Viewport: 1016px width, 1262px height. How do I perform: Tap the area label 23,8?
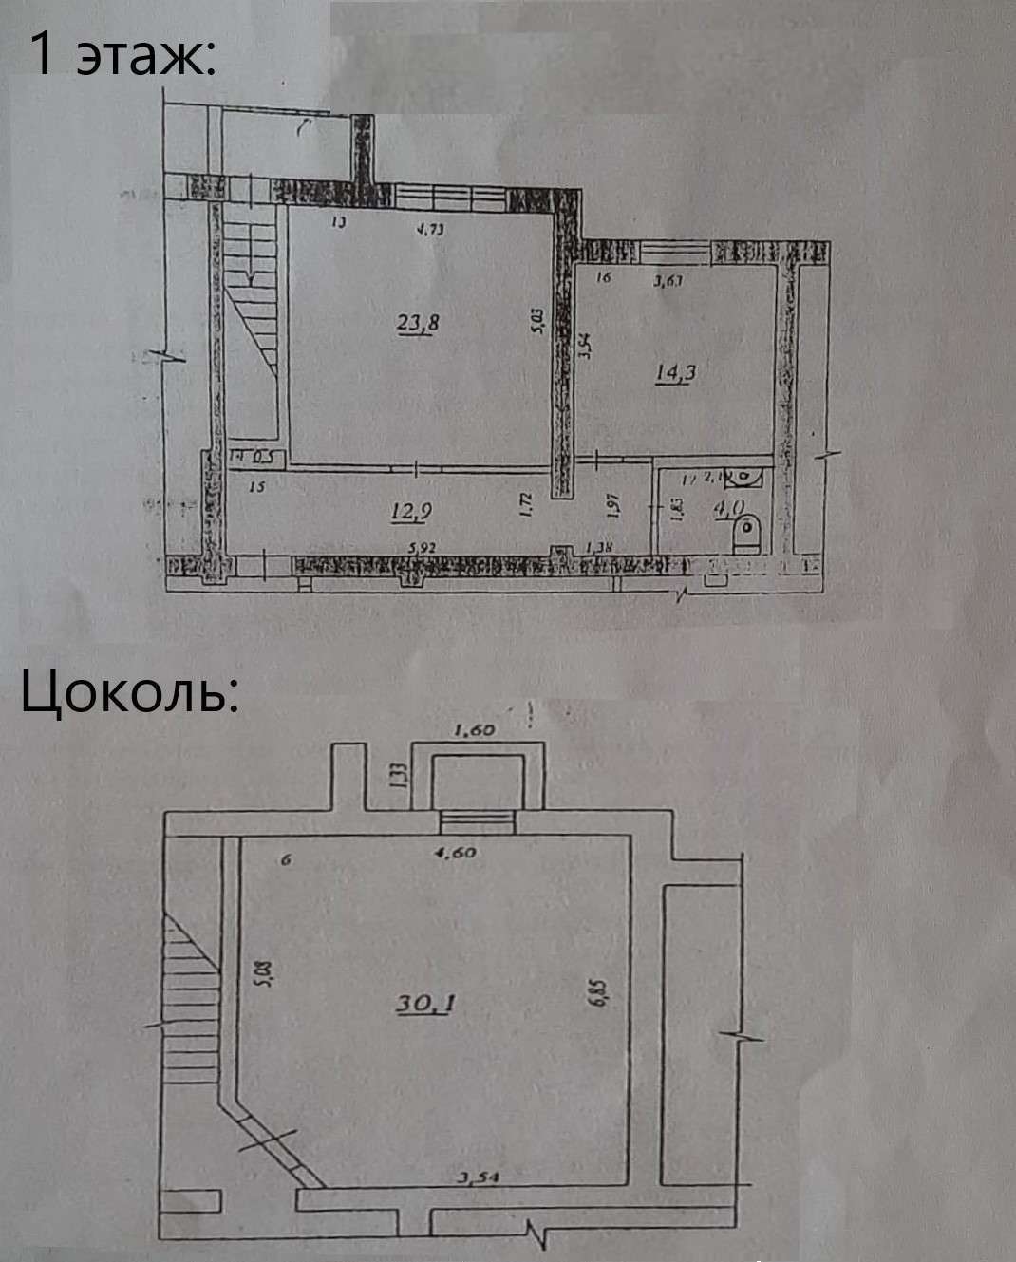tap(418, 323)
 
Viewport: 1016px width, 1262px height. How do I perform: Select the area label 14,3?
tap(676, 372)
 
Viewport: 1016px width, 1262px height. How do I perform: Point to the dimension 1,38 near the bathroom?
tap(600, 547)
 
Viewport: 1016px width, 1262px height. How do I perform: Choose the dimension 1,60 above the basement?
tap(476, 730)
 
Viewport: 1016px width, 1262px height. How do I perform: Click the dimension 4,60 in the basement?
tap(455, 853)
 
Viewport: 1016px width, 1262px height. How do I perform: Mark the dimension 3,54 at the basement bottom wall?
tap(479, 1178)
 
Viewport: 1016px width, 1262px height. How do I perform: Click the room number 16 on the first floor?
tap(602, 278)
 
